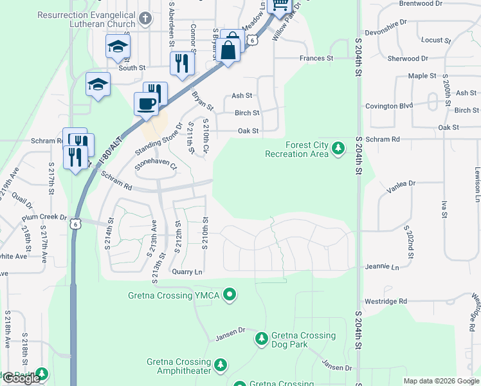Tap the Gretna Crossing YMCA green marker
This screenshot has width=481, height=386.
231,295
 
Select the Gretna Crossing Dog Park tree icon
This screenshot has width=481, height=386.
261,338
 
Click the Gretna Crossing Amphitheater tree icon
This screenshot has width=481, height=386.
220,365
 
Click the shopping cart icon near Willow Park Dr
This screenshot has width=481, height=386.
280,5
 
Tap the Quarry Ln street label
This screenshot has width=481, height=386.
186,272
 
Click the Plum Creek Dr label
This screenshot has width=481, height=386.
44,218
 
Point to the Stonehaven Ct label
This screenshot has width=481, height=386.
155,166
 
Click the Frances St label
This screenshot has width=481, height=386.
316,58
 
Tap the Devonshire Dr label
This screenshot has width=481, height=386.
385,21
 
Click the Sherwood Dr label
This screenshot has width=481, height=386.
408,59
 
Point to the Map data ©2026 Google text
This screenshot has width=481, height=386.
440,381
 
